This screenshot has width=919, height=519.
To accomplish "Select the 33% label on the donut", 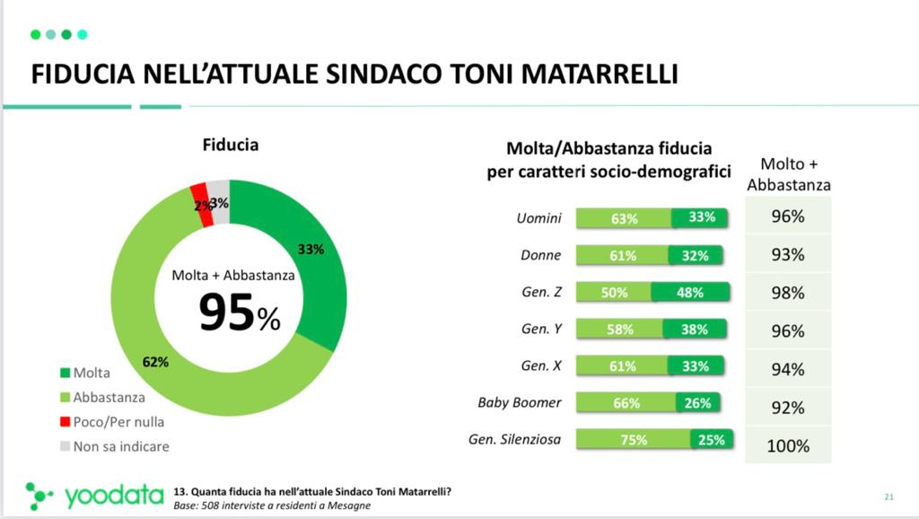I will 311,251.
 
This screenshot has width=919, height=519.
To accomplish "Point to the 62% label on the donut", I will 156,362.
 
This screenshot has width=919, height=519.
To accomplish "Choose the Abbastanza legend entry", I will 109,397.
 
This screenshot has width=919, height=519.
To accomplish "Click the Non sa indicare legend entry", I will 121,445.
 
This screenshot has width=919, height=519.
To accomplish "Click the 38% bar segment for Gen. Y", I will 695,330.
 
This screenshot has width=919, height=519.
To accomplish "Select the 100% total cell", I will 789,445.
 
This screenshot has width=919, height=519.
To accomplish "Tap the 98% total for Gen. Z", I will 789,294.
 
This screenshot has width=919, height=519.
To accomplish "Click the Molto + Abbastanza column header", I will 789,174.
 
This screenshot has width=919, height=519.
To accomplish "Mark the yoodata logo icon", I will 39,495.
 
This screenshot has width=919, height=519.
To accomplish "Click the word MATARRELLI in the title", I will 589,74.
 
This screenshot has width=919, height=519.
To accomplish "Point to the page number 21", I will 889,497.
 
